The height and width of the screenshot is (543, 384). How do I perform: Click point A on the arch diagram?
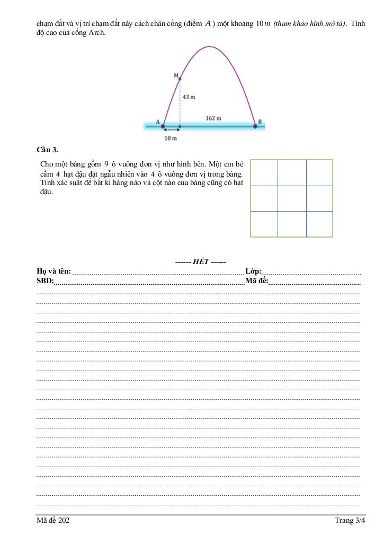click(163, 126)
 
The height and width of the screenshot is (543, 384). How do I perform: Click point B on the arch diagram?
click(255, 126)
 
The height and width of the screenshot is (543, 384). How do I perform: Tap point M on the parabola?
click(180, 79)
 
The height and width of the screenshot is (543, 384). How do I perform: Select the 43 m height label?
click(189, 97)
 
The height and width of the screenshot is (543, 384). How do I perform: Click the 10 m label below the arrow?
click(170, 138)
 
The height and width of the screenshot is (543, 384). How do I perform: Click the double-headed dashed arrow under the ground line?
click(171, 130)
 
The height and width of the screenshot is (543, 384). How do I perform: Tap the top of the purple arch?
click(210, 47)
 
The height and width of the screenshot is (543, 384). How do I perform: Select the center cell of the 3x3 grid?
click(292, 198)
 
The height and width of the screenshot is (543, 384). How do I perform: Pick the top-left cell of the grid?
click(264, 172)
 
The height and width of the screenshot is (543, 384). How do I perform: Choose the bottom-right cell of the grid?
click(319, 224)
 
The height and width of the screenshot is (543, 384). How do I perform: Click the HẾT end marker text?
click(201, 261)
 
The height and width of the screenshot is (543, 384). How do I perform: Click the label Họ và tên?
click(53, 271)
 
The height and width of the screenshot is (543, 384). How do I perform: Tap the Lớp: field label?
click(253, 271)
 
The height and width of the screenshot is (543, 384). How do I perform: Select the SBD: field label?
click(45, 281)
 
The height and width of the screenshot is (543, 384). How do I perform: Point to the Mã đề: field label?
click(256, 281)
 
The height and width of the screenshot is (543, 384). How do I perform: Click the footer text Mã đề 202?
click(53, 521)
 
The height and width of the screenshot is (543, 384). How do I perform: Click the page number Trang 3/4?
click(350, 521)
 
